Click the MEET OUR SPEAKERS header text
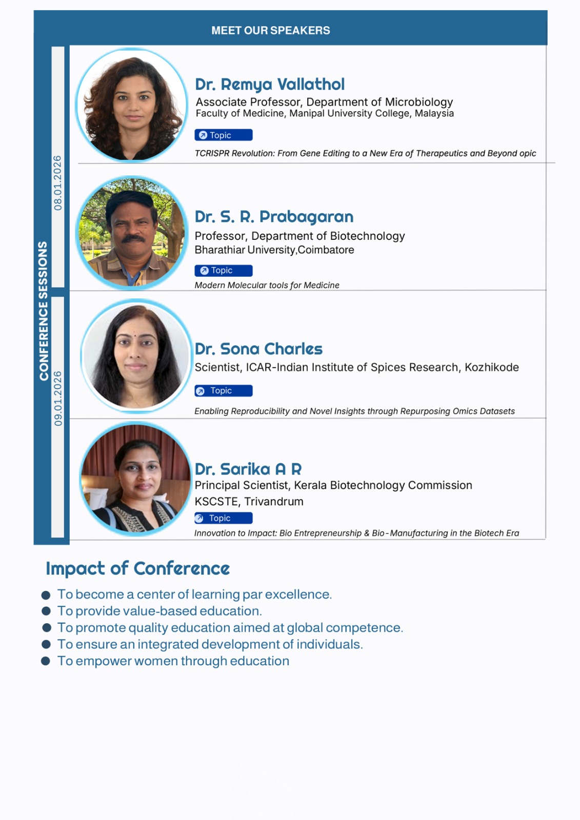pyautogui.click(x=270, y=30)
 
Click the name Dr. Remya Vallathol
pyautogui.click(x=270, y=85)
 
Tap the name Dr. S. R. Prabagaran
pyautogui.click(x=274, y=217)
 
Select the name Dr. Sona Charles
pyautogui.click(x=258, y=349)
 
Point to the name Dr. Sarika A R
pyautogui.click(x=248, y=469)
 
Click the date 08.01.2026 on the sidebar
pyautogui.click(x=58, y=183)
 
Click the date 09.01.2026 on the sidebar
pyautogui.click(x=58, y=399)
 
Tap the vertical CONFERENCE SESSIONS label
pyautogui.click(x=44, y=311)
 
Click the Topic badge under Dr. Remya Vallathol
pyautogui.click(x=224, y=135)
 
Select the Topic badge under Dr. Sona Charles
pyautogui.click(x=224, y=391)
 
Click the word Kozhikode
pyautogui.click(x=492, y=367)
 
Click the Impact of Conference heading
pyautogui.click(x=138, y=569)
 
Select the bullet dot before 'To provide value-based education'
pyautogui.click(x=46, y=611)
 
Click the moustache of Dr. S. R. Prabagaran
pyautogui.click(x=133, y=238)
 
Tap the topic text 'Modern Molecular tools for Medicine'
pyautogui.click(x=267, y=285)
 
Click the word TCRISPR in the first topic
pyautogui.click(x=212, y=153)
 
